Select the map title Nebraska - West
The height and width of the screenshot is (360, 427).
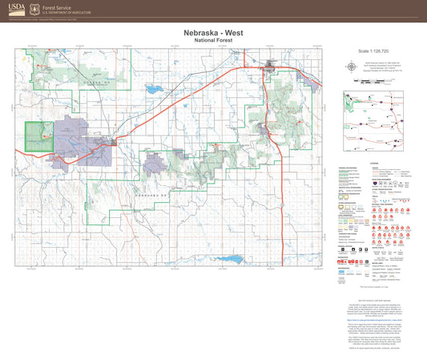pos(213,33)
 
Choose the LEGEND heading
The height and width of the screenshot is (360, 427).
pos(373,163)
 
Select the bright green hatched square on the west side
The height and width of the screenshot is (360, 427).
pos(36,136)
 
